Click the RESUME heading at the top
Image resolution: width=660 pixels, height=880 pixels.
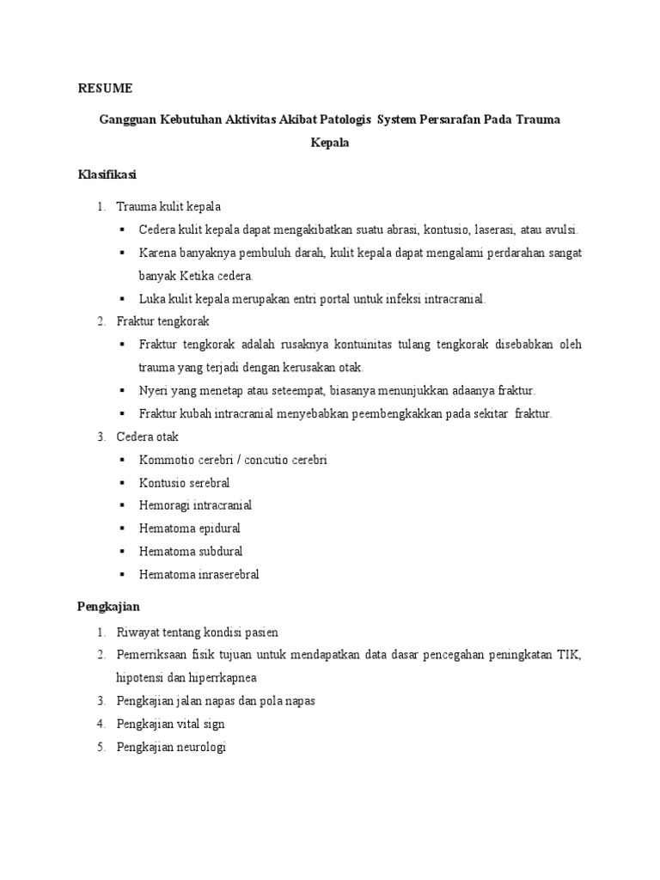tap(106, 89)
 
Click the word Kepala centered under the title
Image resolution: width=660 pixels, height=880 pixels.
tap(329, 144)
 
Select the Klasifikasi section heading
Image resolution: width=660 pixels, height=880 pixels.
tap(107, 174)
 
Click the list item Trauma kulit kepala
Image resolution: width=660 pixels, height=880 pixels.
tap(168, 206)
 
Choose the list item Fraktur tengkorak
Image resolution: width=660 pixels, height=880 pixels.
tap(162, 321)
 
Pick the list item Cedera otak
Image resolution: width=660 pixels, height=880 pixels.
tap(148, 437)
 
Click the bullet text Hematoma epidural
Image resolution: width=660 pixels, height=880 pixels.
tap(189, 529)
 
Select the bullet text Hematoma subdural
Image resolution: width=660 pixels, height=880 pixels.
tap(190, 551)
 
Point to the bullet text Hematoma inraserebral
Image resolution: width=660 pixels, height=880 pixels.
tap(199, 574)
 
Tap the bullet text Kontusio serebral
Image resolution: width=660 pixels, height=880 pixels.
tap(184, 482)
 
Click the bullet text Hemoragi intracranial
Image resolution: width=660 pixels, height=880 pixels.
tap(195, 505)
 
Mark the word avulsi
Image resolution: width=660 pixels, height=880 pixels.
tap(559, 229)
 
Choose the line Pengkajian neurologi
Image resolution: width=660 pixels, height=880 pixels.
tap(170, 747)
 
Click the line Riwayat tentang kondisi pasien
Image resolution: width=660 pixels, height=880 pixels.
tap(197, 632)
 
